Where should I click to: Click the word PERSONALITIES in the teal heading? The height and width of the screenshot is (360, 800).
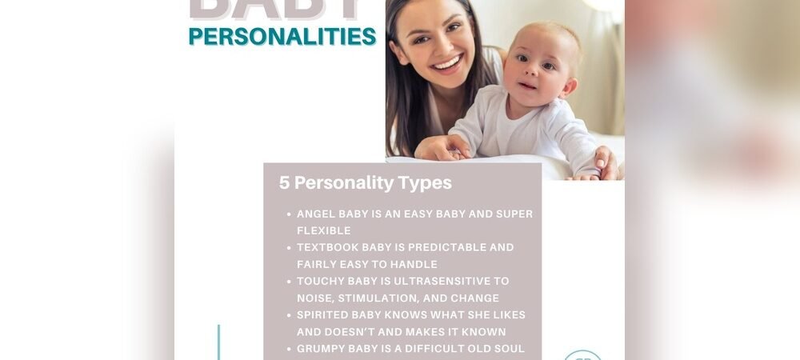(x=282, y=37)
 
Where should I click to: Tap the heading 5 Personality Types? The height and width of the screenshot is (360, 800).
(x=365, y=183)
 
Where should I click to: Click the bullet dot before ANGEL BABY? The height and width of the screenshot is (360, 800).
(x=288, y=214)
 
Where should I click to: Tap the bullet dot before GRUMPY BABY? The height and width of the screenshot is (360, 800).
(x=288, y=349)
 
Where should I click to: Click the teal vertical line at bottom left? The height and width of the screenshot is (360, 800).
(x=218, y=342)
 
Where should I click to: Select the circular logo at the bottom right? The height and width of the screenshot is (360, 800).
(x=582, y=355)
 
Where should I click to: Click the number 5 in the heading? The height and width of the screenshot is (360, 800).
(x=284, y=183)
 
